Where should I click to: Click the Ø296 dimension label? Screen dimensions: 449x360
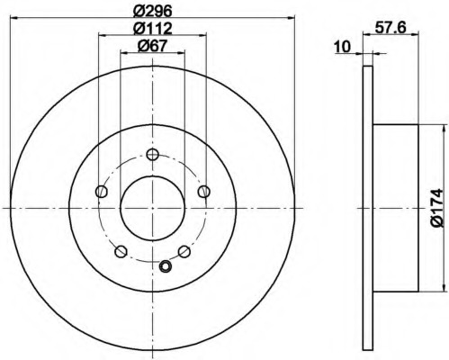coord(152,12)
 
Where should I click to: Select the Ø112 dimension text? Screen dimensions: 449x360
coord(153,29)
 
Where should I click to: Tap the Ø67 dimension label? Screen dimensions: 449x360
coord(152,46)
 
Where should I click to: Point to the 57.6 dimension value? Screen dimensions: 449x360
coord(391,28)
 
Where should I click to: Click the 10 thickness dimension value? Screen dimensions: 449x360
coord(343,47)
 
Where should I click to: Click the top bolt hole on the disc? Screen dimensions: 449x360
coord(152,155)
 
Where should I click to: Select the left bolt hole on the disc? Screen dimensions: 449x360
coord(102,192)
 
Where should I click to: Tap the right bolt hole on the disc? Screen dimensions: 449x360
coord(204,191)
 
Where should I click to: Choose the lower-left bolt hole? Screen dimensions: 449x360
coord(121,251)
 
